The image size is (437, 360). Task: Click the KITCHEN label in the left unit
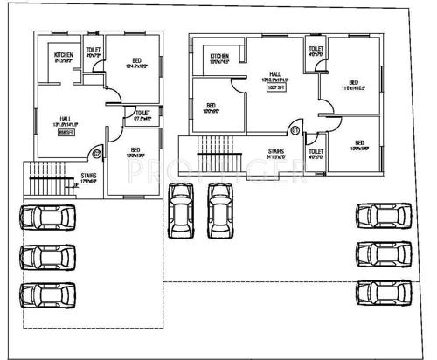pyautogui.click(x=64, y=56)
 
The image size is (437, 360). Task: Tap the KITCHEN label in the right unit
pyautogui.click(x=219, y=57)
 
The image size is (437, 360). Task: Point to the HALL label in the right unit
pyautogui.click(x=274, y=74)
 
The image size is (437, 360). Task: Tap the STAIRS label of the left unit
pyautogui.click(x=88, y=175)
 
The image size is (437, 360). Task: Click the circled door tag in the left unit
pyautogui.click(x=95, y=156)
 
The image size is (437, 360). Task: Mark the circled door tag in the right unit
pyautogui.click(x=295, y=131)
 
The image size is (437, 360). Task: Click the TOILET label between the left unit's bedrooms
pyautogui.click(x=142, y=113)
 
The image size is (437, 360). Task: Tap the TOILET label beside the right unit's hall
pyautogui.click(x=316, y=48)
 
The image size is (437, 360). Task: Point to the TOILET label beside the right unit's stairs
pyautogui.click(x=316, y=151)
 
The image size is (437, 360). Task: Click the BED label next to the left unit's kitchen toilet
pyautogui.click(x=135, y=60)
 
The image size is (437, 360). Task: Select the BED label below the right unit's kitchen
pyautogui.click(x=210, y=106)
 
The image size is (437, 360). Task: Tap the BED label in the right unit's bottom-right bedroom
pyautogui.click(x=359, y=142)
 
